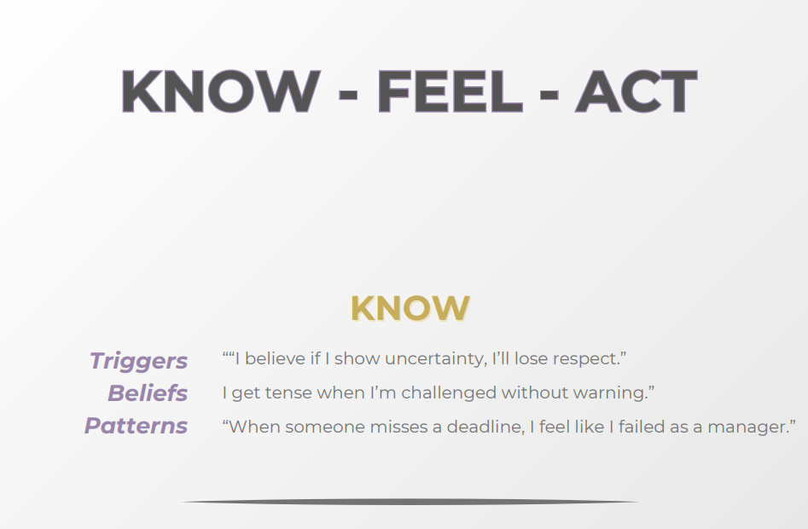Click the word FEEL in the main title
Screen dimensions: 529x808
click(450, 90)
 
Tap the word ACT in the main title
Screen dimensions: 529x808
click(636, 90)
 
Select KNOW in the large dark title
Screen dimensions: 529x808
click(220, 90)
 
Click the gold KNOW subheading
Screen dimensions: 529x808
click(410, 309)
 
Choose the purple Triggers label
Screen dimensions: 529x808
click(138, 361)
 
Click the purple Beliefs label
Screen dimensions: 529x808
click(147, 393)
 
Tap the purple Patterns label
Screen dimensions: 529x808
click(136, 426)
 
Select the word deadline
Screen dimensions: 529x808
click(480, 427)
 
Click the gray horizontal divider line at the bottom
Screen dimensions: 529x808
click(410, 502)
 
